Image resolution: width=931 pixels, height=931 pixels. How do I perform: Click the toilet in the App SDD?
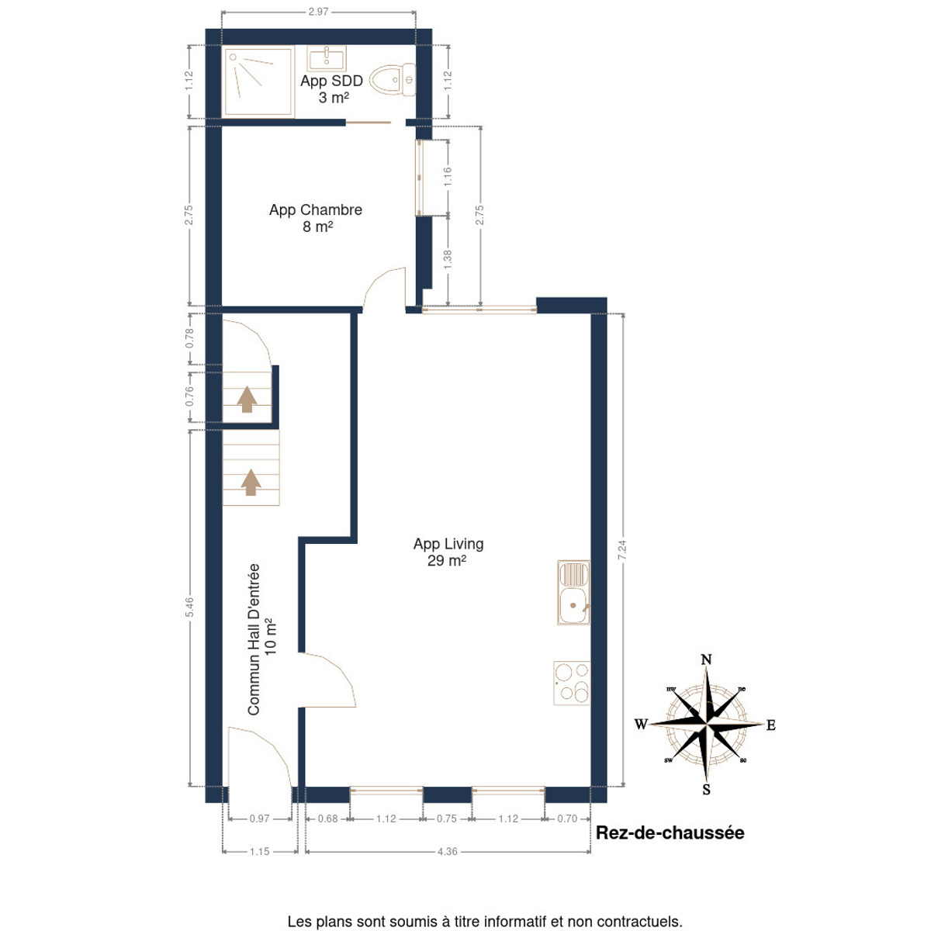(x=393, y=79)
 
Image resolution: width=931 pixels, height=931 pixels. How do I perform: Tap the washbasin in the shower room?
(x=327, y=58)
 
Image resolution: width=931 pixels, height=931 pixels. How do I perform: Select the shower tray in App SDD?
(x=258, y=81)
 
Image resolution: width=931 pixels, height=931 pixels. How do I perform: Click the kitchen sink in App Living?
(x=573, y=592)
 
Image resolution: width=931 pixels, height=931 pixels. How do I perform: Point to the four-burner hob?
(x=572, y=684)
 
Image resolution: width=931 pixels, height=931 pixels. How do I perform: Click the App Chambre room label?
(x=316, y=218)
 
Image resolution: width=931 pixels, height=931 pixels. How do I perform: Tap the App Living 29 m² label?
(x=448, y=552)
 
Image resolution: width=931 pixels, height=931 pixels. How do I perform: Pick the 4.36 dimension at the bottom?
(x=447, y=851)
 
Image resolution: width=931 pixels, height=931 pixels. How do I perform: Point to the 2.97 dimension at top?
(x=318, y=12)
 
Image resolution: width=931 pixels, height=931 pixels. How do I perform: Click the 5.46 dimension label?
(x=189, y=607)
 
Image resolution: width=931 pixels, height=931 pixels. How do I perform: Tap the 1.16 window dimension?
(x=448, y=177)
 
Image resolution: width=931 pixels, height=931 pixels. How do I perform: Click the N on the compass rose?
(x=706, y=659)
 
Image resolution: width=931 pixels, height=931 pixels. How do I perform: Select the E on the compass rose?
(x=771, y=725)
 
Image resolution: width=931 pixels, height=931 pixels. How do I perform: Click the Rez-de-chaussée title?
(x=670, y=832)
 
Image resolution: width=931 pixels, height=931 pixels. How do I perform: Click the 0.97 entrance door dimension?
(x=259, y=819)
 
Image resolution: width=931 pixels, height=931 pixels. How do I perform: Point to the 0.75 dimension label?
(x=446, y=819)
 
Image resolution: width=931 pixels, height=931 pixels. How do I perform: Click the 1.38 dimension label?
(x=448, y=261)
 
